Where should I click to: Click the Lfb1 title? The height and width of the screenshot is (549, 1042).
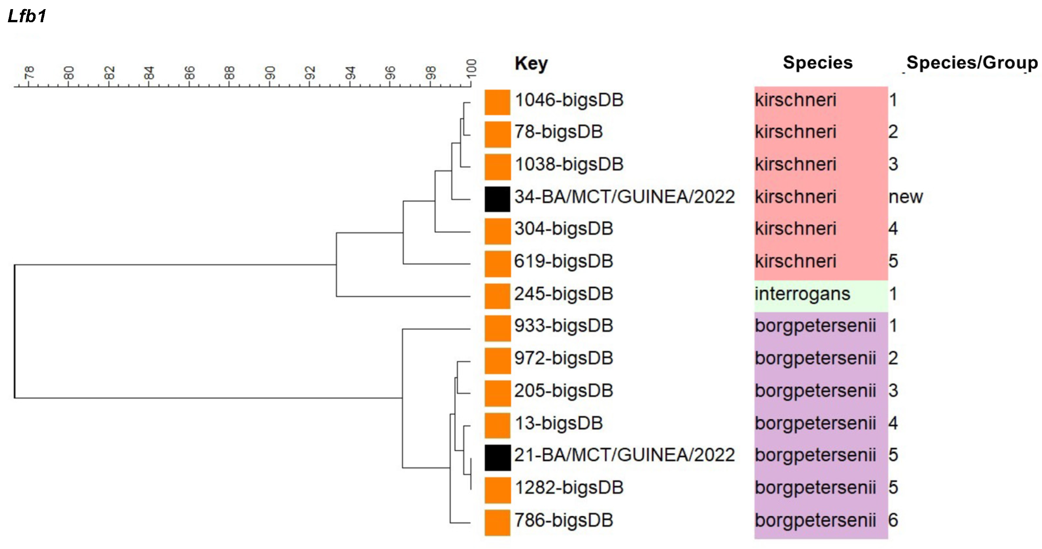(x=27, y=16)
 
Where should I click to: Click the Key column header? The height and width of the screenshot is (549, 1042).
(x=531, y=63)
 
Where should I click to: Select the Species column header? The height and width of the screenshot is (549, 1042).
(x=817, y=63)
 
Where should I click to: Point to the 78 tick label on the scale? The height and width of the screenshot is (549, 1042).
(x=29, y=73)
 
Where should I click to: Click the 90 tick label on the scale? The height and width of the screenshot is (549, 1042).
(x=270, y=73)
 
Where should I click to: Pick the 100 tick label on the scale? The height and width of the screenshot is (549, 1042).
(x=471, y=68)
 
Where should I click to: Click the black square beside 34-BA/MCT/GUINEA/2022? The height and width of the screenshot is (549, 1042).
(x=497, y=199)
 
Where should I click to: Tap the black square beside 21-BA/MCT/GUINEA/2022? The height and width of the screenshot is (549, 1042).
(x=497, y=457)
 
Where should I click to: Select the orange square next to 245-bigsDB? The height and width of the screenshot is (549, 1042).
(x=497, y=296)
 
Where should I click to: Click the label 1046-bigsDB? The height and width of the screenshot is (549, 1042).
(x=569, y=100)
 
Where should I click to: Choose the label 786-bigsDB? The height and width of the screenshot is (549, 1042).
(x=563, y=520)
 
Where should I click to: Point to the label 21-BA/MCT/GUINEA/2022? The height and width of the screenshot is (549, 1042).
(x=624, y=455)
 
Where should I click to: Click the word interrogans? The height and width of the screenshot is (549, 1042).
(x=802, y=294)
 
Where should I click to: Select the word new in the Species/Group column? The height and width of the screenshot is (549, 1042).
(x=905, y=197)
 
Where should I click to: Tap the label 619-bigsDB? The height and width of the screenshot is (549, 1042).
(x=563, y=261)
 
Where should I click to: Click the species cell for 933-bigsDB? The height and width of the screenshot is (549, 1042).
(x=815, y=326)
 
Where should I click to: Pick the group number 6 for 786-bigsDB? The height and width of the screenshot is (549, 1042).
(x=893, y=520)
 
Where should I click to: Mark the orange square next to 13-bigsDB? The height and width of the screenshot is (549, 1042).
(x=497, y=425)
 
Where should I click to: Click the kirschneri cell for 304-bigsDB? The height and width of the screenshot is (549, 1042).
(x=795, y=229)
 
